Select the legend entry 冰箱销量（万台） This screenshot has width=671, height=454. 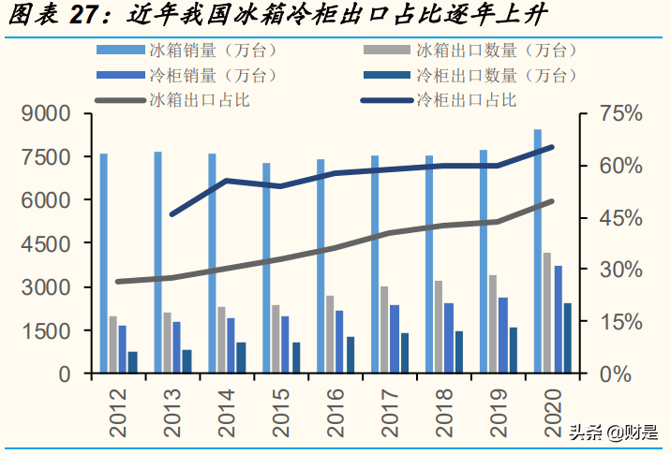coord(211,50)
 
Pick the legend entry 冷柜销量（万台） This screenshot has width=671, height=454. coord(211,74)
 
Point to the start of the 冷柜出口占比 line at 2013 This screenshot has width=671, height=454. coord(172,214)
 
